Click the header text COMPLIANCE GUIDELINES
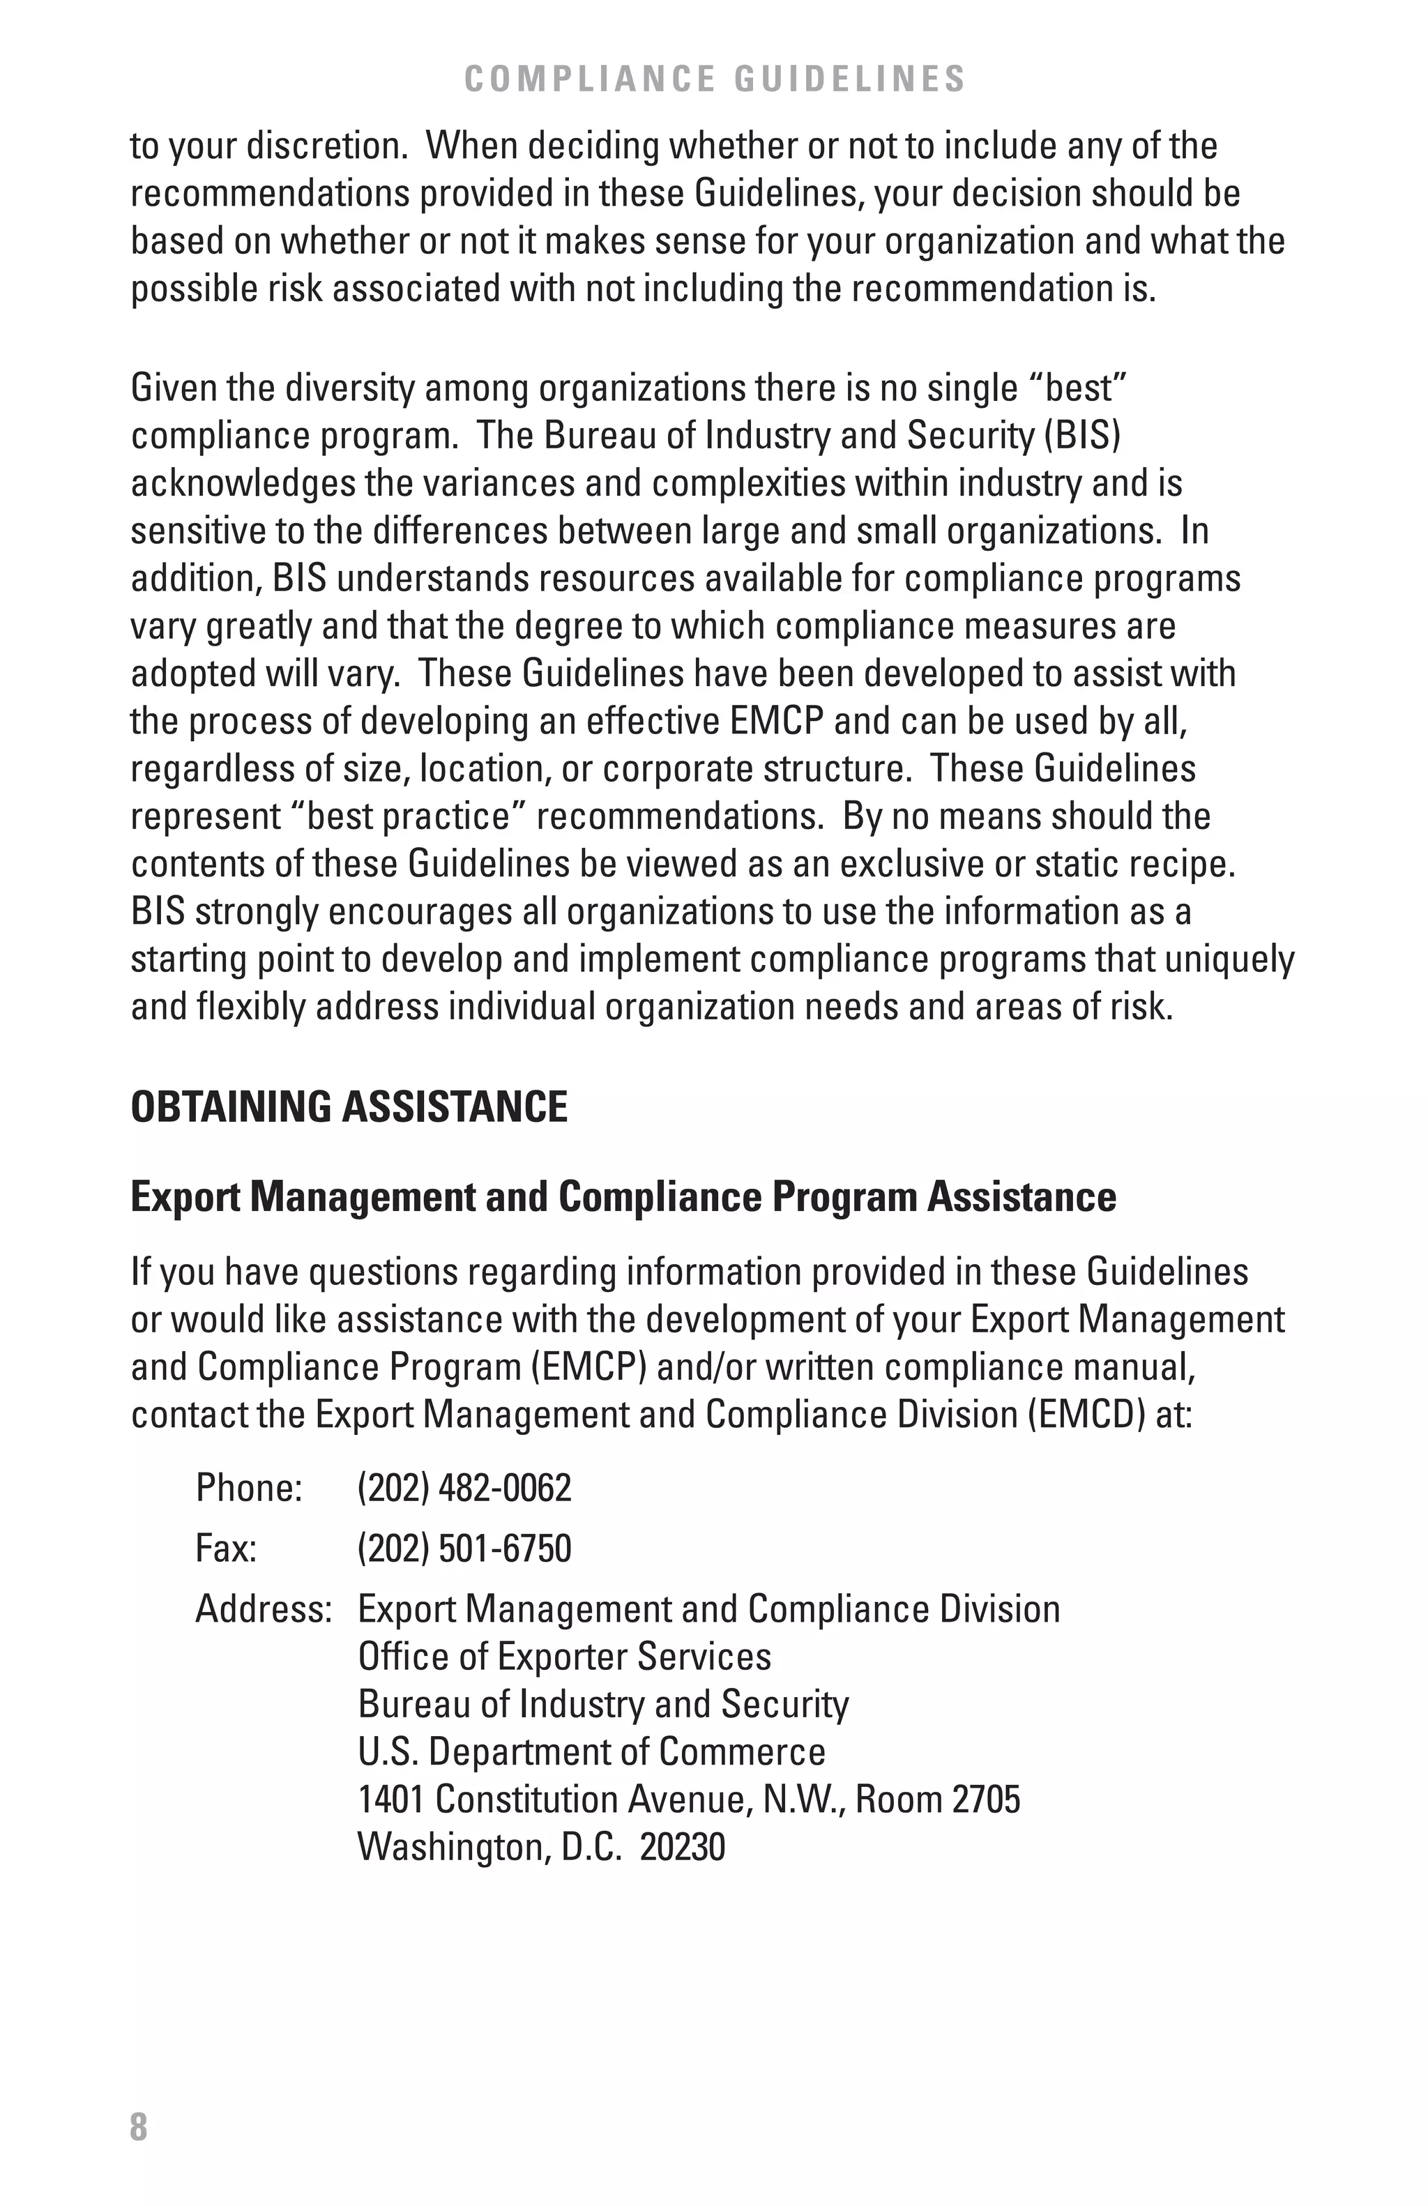click(713, 79)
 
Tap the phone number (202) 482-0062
click(464, 1488)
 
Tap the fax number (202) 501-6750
click(464, 1548)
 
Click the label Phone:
click(248, 1488)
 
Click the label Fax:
click(225, 1548)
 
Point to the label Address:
click(263, 1609)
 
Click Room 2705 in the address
click(937, 1799)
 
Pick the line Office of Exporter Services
click(563, 1657)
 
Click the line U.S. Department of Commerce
click(591, 1752)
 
